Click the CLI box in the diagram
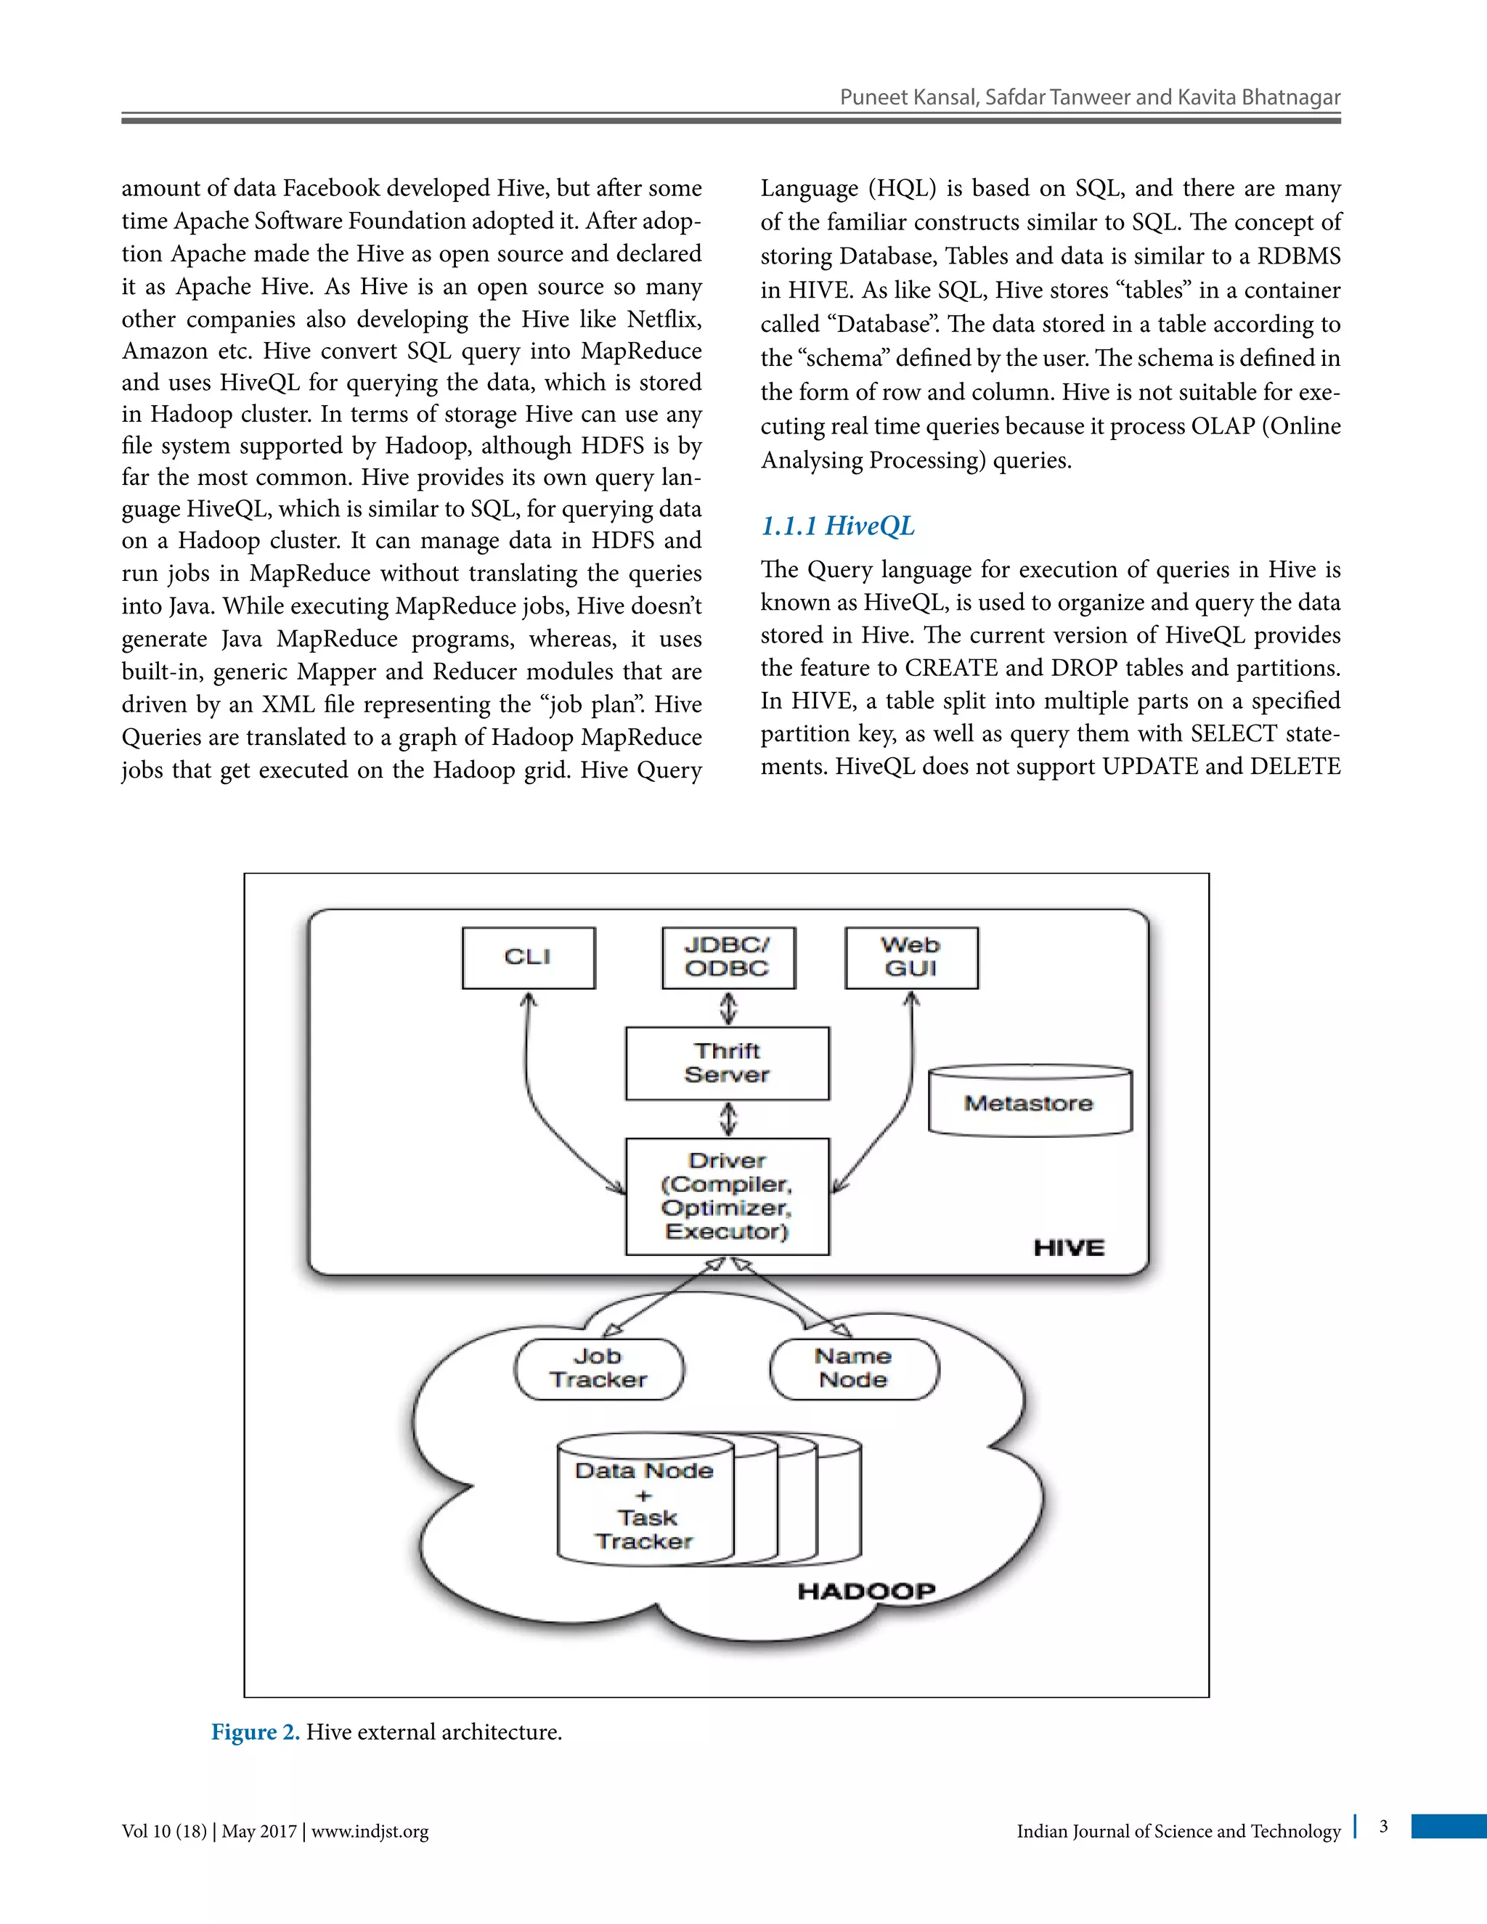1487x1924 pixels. coord(528,958)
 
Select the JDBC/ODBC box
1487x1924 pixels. coord(728,958)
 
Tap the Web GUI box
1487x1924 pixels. coord(911,958)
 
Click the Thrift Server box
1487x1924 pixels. coord(727,1064)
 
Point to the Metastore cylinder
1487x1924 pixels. coord(1029,1103)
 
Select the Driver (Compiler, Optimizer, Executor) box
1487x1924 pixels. coord(727,1197)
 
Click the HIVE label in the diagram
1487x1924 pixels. coord(1069,1248)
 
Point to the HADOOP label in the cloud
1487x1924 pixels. coord(866,1591)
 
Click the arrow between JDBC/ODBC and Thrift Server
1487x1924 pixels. coord(728,1008)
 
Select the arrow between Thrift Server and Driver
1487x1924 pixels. coord(728,1119)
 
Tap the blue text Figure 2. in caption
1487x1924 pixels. coord(256,1732)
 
